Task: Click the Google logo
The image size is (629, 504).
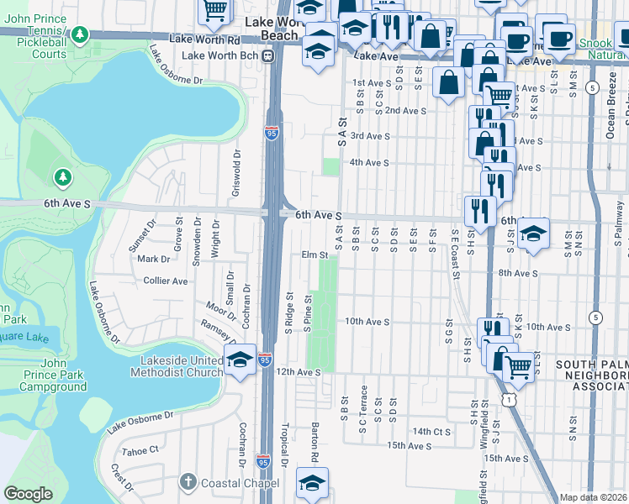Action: point(28,494)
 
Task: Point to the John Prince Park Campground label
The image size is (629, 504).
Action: point(52,375)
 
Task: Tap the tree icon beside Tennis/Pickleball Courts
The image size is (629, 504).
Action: point(80,35)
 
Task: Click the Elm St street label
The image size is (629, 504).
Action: point(314,255)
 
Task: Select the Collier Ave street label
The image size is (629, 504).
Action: point(165,281)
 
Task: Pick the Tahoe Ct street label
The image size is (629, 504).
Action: point(140,450)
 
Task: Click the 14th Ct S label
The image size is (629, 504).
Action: point(432,431)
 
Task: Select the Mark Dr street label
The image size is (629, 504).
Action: point(153,260)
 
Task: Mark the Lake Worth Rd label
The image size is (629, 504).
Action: point(204,39)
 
